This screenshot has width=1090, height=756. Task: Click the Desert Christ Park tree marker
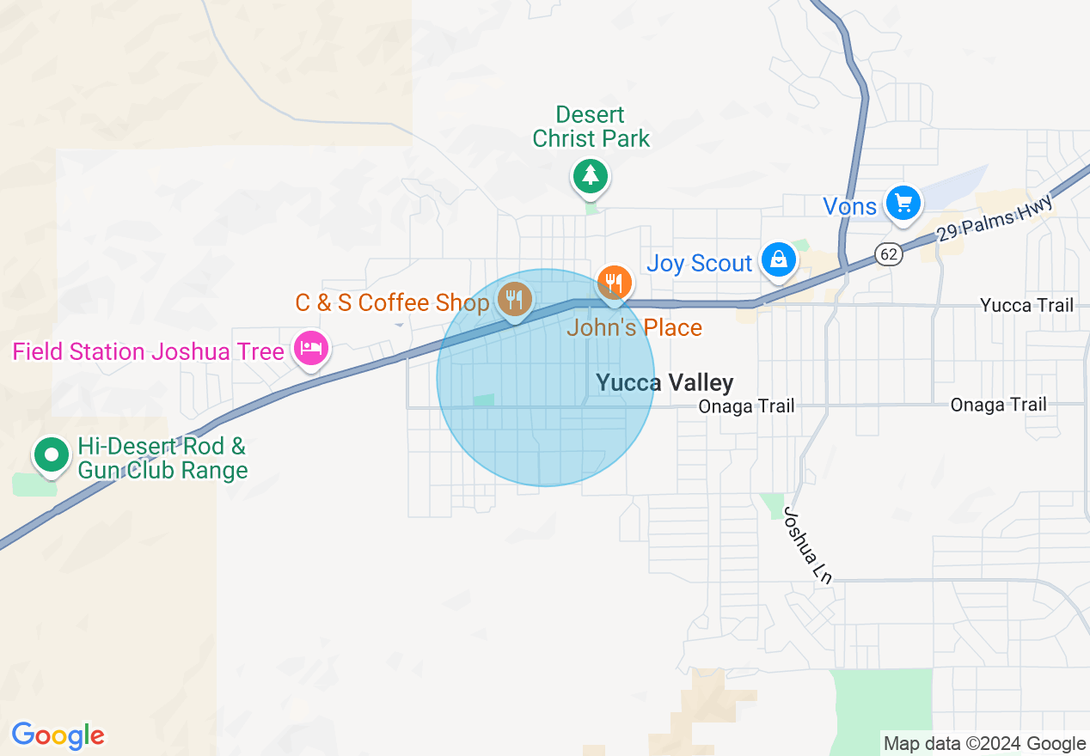[591, 175]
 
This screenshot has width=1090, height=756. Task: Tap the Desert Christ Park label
[591, 127]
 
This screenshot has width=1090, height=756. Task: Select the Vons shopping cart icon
[903, 204]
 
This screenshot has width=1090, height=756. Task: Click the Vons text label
[849, 206]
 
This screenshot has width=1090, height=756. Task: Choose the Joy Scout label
[700, 263]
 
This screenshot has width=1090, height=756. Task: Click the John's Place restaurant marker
[615, 282]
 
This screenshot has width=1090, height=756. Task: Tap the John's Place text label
[634, 327]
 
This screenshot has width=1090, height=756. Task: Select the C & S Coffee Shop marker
[515, 300]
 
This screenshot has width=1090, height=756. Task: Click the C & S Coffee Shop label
[392, 302]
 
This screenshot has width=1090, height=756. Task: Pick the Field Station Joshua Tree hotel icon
[310, 349]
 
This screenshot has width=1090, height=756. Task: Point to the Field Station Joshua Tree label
[148, 352]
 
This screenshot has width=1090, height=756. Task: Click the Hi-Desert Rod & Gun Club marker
[52, 454]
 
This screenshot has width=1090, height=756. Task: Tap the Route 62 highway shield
[889, 253]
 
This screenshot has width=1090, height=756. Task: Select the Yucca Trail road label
[1026, 305]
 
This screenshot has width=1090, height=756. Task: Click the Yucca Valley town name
[664, 383]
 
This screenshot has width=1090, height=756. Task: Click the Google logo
[58, 736]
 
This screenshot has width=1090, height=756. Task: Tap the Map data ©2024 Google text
[985, 744]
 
